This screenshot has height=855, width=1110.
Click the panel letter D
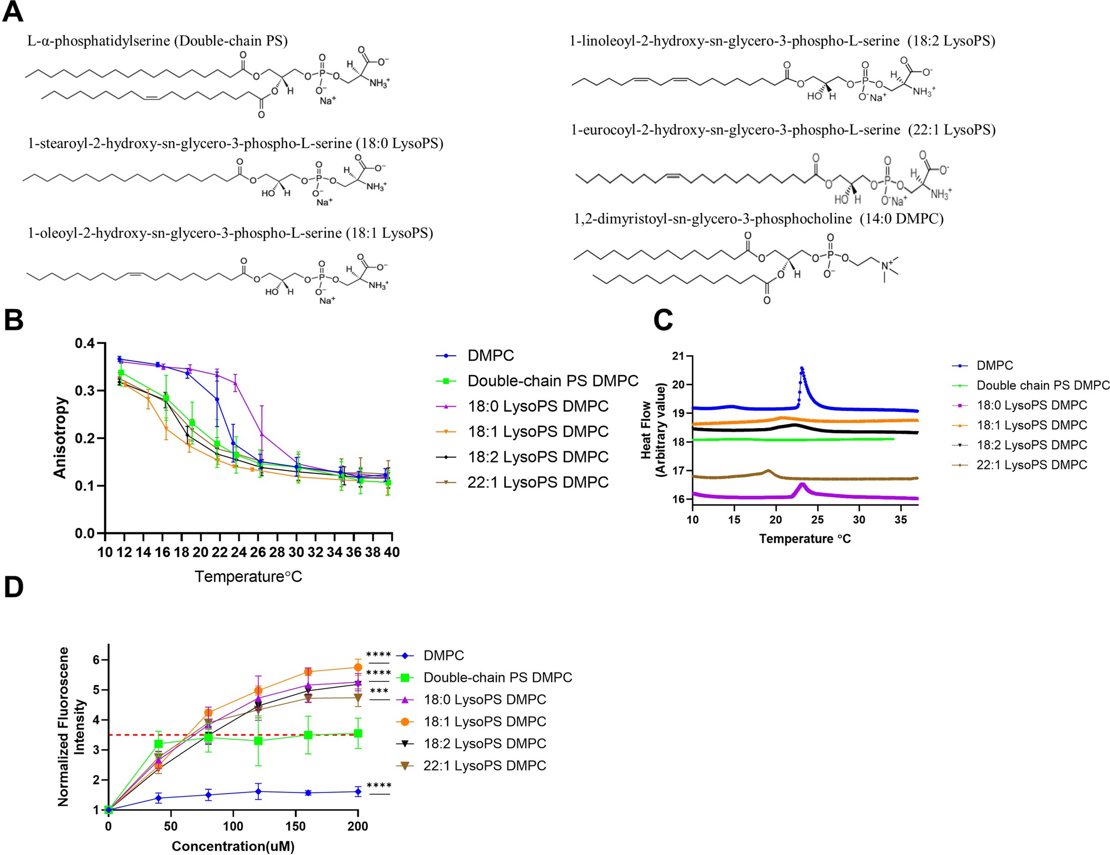tap(13, 587)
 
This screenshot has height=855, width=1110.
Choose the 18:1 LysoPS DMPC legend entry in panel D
tap(472, 722)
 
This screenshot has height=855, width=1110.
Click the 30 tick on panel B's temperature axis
tap(297, 552)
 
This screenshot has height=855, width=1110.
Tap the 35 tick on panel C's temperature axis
tap(900, 520)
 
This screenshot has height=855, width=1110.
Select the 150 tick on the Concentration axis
tap(295, 826)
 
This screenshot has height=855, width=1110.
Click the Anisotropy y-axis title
tap(60, 437)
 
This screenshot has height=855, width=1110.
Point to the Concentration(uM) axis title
tap(233, 846)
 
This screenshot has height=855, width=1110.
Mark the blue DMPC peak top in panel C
tap(802, 368)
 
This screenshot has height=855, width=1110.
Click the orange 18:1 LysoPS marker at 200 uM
tap(357, 668)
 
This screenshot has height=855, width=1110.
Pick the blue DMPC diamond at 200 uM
tap(357, 792)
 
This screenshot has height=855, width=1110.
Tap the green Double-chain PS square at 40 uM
tap(159, 744)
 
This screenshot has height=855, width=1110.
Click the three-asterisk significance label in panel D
tap(379, 691)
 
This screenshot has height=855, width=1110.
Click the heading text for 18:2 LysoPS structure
tap(782, 41)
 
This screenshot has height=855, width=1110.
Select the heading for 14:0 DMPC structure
tap(759, 219)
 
